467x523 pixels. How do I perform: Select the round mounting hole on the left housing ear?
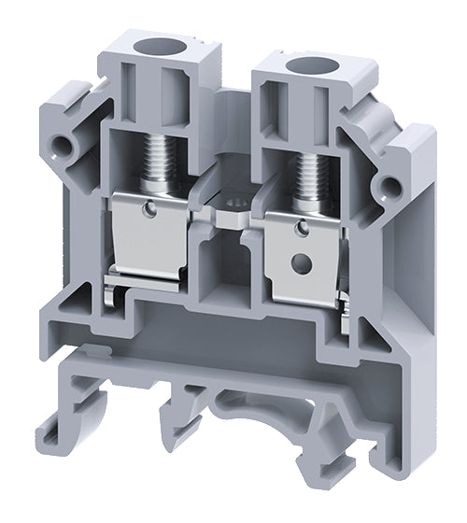[x=64, y=146]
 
